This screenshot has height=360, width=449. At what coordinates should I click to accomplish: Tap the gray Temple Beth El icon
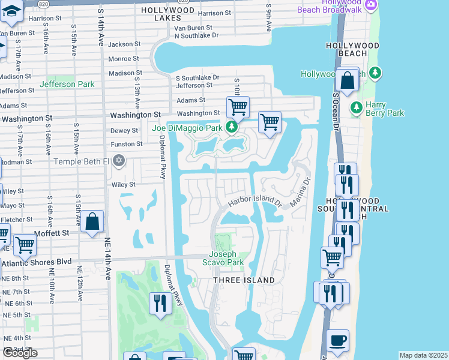(x=119, y=160)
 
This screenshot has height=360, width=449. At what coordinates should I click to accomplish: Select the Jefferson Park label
(x=67, y=84)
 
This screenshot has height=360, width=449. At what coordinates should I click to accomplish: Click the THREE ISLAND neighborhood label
(x=241, y=280)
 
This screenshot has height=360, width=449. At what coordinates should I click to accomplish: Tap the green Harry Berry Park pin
(x=357, y=108)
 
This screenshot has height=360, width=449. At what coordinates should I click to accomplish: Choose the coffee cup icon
(x=337, y=340)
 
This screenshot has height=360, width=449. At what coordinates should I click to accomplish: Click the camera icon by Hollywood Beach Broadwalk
(x=371, y=5)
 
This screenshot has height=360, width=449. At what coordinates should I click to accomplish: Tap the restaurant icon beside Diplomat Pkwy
(x=159, y=302)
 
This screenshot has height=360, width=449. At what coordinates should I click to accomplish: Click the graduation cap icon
(x=11, y=11)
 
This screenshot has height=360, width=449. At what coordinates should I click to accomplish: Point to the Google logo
(x=19, y=353)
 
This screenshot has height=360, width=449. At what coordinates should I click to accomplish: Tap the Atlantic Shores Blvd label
(x=37, y=262)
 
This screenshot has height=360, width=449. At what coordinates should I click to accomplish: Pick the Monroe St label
(x=124, y=59)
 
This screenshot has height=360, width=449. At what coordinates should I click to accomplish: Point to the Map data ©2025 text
(x=423, y=355)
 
